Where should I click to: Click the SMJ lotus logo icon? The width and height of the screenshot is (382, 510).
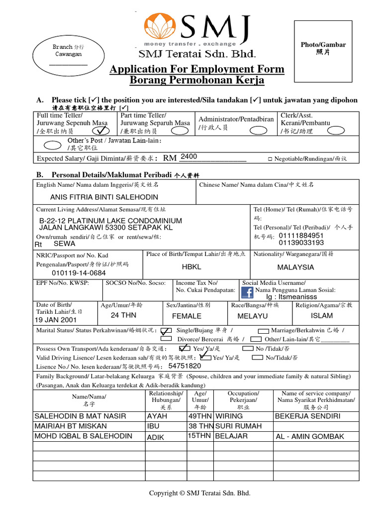tap(161, 29)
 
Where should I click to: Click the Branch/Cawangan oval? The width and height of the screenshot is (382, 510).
tap(68, 54)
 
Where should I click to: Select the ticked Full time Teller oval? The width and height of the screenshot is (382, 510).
tap(101, 130)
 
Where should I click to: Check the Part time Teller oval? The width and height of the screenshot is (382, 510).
tap(180, 130)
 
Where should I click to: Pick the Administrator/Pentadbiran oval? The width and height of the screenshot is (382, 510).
tap(258, 130)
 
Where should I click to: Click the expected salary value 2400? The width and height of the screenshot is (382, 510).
tap(189, 157)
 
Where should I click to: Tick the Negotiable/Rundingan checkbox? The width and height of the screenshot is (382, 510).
tap(270, 159)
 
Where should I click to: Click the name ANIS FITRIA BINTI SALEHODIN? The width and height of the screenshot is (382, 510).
tap(97, 197)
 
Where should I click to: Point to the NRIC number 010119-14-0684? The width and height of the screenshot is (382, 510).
tap(79, 273)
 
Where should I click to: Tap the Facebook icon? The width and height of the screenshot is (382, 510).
tap(247, 292)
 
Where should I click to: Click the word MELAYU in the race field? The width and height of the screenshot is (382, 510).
tap(252, 316)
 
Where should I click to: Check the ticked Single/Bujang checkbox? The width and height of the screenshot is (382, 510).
tap(167, 331)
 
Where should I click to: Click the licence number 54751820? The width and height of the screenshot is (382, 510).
tap(185, 366)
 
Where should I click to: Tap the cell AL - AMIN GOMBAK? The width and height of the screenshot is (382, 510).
tap(309, 436)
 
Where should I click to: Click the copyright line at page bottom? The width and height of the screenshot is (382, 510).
tap(200, 493)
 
